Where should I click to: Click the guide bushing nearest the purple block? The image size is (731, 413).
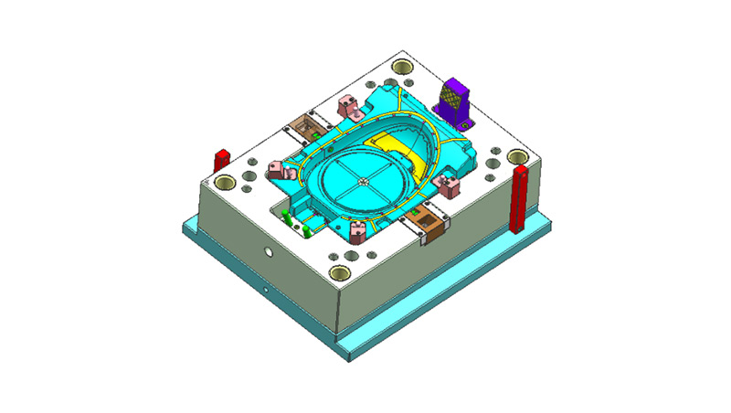[x=401, y=66]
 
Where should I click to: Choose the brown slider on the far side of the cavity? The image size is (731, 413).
[x=306, y=125]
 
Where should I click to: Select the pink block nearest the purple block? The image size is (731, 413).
[x=448, y=184]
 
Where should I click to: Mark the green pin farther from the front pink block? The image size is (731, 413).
[x=287, y=217]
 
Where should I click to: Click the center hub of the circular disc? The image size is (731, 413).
[x=364, y=182]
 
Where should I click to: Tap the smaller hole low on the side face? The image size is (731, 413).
[x=266, y=291]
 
